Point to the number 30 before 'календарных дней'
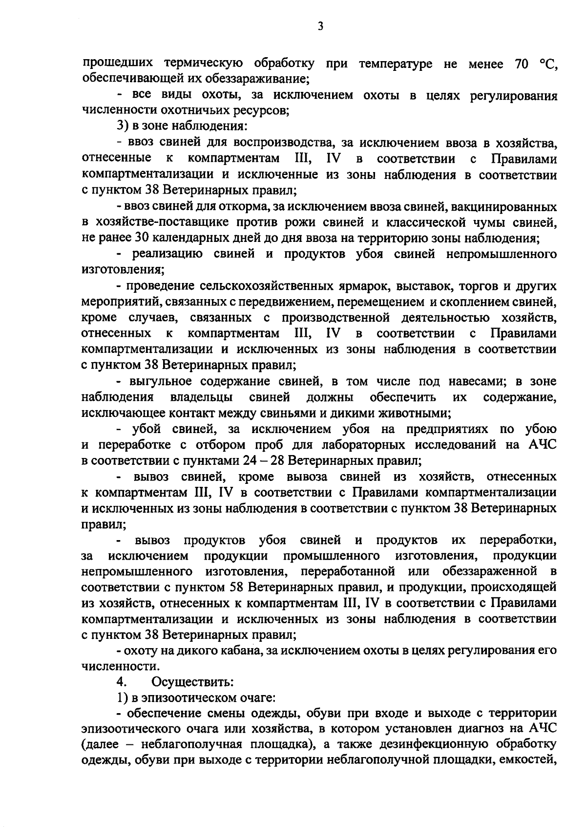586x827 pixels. pos(140,239)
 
